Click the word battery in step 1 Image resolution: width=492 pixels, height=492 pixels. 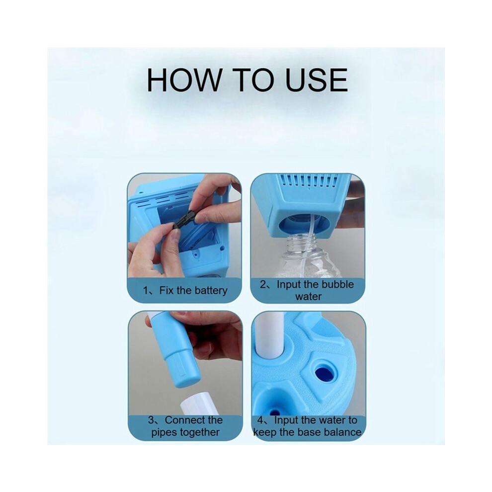(x=211, y=291)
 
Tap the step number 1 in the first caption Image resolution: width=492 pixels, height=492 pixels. (x=146, y=291)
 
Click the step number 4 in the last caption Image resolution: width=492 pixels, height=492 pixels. (x=260, y=420)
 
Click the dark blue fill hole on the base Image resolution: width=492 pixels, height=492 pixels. (x=324, y=372)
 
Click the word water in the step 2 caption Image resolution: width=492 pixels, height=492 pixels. (x=308, y=297)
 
